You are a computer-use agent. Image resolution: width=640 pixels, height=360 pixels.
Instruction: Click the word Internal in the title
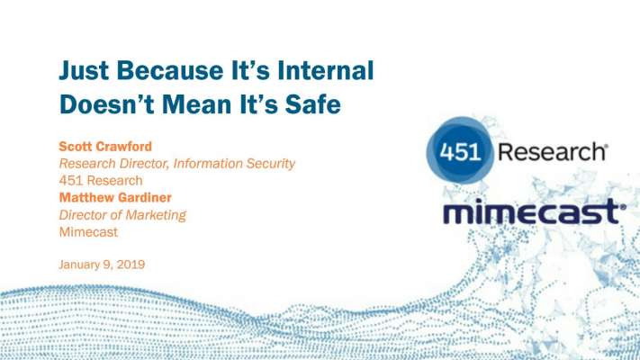click(x=326, y=70)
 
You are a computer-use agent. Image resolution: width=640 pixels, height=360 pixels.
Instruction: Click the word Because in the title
click(x=170, y=70)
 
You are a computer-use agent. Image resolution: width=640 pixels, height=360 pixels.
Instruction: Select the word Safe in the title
click(x=312, y=103)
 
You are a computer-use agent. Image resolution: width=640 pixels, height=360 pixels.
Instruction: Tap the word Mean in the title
click(x=197, y=103)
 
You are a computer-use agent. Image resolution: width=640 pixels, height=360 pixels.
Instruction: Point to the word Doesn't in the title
click(x=107, y=103)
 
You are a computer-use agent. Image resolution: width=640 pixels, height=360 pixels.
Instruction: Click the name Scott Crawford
click(x=105, y=146)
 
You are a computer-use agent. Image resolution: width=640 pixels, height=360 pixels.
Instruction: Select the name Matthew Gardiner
click(x=115, y=198)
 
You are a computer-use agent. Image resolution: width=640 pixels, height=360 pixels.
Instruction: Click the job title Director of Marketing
click(x=122, y=215)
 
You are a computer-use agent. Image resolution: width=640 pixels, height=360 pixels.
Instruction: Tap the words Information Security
click(x=234, y=163)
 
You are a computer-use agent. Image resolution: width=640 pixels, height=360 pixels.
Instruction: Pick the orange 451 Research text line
click(x=101, y=180)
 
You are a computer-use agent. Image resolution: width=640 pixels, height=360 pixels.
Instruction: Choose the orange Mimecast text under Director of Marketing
click(x=88, y=232)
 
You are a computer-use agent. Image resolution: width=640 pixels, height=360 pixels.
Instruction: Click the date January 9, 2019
click(x=102, y=265)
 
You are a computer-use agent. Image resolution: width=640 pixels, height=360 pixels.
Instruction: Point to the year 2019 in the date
click(x=131, y=265)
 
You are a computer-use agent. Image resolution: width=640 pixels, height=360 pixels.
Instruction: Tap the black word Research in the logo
click(x=553, y=152)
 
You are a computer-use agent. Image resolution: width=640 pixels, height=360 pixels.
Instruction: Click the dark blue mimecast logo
click(x=535, y=211)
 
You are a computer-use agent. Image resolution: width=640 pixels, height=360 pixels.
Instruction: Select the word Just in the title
click(x=84, y=70)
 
